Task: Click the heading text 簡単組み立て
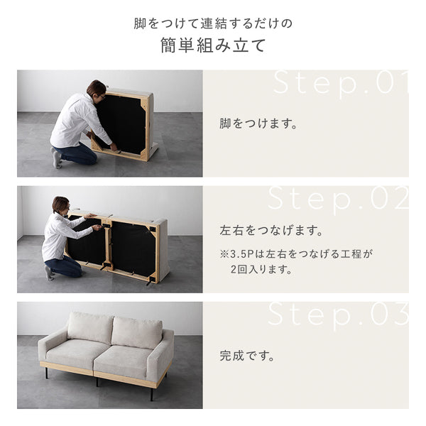coord(213,45)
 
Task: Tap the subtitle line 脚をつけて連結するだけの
coord(213,23)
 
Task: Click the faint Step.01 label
coord(341,83)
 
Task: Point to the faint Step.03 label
coord(338,316)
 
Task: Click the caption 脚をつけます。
coord(258,124)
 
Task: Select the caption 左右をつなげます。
coord(271,230)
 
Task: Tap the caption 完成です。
coord(247,356)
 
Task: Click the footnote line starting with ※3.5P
coord(296,253)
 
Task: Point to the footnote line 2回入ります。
coord(261,270)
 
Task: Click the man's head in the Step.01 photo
coord(97,90)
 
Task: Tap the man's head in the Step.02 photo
coord(61,205)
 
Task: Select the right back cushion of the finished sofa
coord(137,332)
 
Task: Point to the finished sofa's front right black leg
coord(152,395)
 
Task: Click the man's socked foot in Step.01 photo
coord(57,159)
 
